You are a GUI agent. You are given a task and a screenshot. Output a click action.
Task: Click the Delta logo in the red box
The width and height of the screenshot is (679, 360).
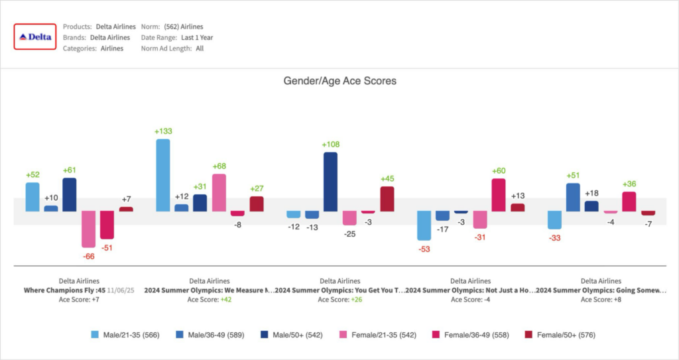pos(35,37)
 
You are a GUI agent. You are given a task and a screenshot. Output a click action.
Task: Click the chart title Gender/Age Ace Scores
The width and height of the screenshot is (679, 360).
pos(339,81)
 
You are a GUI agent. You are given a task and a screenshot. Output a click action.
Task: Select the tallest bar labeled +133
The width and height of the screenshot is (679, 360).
pos(162,175)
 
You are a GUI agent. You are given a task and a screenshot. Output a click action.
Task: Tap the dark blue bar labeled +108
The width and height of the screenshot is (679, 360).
pos(330,182)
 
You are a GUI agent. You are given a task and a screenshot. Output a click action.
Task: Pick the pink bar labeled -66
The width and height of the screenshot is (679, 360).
pos(88,229)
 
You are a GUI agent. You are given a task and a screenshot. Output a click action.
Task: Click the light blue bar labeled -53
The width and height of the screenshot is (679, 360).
pos(424,225)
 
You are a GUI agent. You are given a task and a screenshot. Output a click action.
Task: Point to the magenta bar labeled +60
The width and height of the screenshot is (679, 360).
pos(499,194)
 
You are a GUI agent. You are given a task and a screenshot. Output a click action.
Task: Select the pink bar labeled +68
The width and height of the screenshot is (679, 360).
pos(219,192)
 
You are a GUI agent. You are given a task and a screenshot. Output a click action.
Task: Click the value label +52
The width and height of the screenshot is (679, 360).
pos(32,174)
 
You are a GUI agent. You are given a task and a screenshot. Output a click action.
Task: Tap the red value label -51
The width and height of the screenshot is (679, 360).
pos(107,248)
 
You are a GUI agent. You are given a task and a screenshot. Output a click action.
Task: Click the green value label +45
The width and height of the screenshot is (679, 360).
pos(387,178)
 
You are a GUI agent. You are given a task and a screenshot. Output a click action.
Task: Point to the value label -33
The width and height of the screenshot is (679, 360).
pos(554,237)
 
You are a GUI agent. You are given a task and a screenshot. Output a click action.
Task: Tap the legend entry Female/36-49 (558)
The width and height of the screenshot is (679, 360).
pos(471,335)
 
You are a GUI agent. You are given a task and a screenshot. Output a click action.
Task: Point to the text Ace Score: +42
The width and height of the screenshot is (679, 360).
pos(210,299)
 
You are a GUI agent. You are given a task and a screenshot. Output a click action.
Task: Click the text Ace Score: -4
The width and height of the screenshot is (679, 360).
pos(470,299)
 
